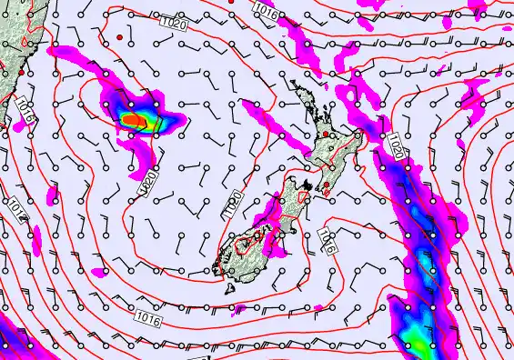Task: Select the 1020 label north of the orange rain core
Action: (x=175, y=21)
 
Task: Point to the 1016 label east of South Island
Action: (x=328, y=241)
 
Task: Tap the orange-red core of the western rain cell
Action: (x=135, y=119)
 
